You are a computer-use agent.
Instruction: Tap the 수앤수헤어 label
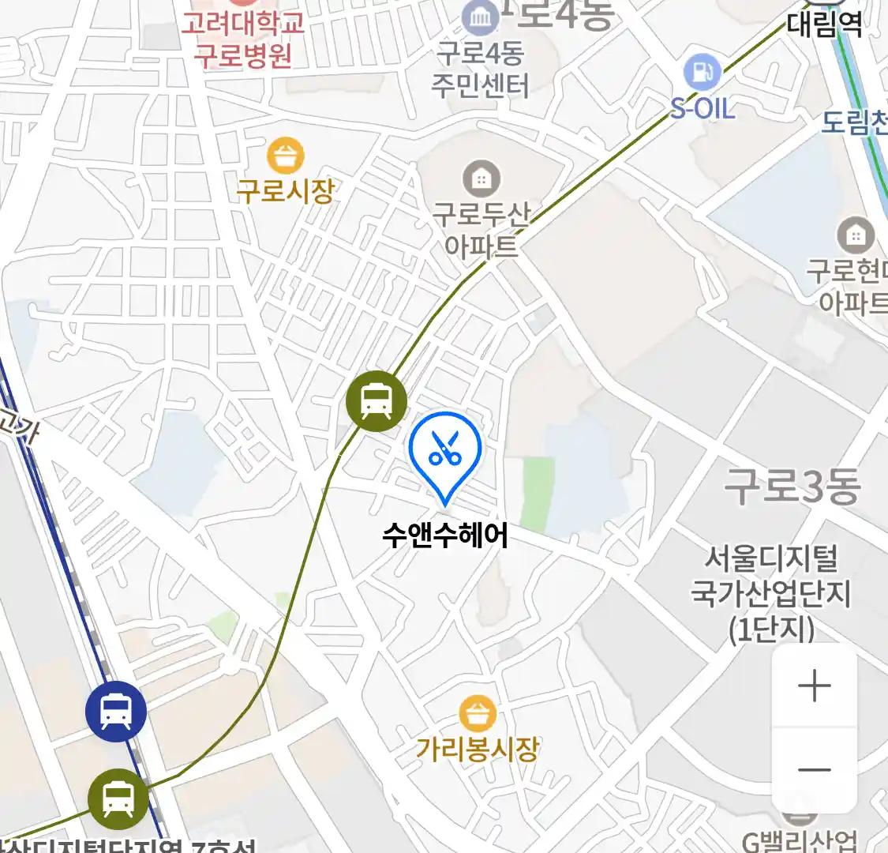(x=445, y=535)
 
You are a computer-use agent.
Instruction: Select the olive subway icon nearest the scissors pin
(x=377, y=401)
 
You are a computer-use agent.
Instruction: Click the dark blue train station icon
(x=116, y=712)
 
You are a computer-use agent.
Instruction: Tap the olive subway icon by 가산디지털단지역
(x=118, y=799)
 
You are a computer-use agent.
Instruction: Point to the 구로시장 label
(x=286, y=190)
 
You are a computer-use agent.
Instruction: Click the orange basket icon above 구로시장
(x=286, y=156)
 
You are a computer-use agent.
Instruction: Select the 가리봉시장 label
(x=478, y=748)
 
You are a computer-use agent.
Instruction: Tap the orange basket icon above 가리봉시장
(x=478, y=713)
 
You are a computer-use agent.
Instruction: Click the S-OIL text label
(x=703, y=108)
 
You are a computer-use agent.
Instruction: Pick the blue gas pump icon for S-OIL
(x=702, y=72)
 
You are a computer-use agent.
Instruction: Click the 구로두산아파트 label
(x=481, y=229)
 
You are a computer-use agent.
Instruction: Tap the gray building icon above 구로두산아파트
(x=481, y=180)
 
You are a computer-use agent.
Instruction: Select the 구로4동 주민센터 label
(x=480, y=69)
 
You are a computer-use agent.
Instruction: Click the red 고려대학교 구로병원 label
(x=243, y=39)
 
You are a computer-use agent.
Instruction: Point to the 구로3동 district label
(x=792, y=486)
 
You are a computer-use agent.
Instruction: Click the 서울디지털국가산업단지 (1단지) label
(x=771, y=593)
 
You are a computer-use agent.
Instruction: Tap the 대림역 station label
(x=825, y=24)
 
